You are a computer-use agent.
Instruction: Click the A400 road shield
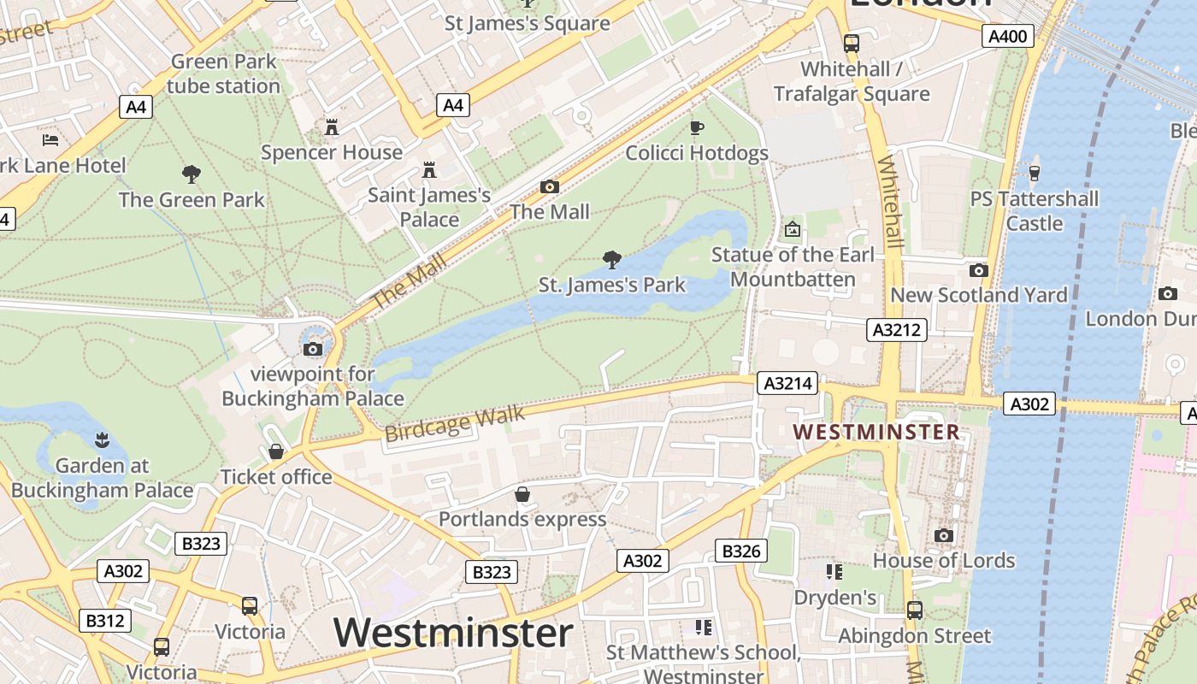pos(1009,35)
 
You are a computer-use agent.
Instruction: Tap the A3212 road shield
pos(897,330)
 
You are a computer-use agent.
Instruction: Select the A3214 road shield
pos(787,384)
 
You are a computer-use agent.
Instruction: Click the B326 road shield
pos(740,551)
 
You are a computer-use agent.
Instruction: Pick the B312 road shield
pos(105,620)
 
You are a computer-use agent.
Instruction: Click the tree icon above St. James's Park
pos(611,259)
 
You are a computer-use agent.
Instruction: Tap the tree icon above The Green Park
pos(192,174)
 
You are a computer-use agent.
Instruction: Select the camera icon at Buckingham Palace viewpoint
pos(313,349)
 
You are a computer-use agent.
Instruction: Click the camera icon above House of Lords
pos(944,535)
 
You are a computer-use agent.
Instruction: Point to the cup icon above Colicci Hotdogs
pos(697,128)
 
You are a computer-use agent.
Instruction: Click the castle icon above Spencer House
pos(332,127)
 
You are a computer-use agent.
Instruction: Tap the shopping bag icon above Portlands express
pos(522,494)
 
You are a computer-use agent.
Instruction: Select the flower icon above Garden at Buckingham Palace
pos(102,440)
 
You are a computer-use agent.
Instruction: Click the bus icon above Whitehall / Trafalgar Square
pos(851,43)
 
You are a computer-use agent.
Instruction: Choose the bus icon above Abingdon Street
pos(914,610)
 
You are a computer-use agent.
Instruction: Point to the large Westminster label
pos(453,633)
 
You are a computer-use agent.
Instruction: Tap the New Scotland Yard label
pos(979,295)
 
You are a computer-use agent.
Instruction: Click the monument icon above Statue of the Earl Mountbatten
pos(793,229)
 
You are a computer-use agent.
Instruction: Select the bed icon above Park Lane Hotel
pos(50,139)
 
